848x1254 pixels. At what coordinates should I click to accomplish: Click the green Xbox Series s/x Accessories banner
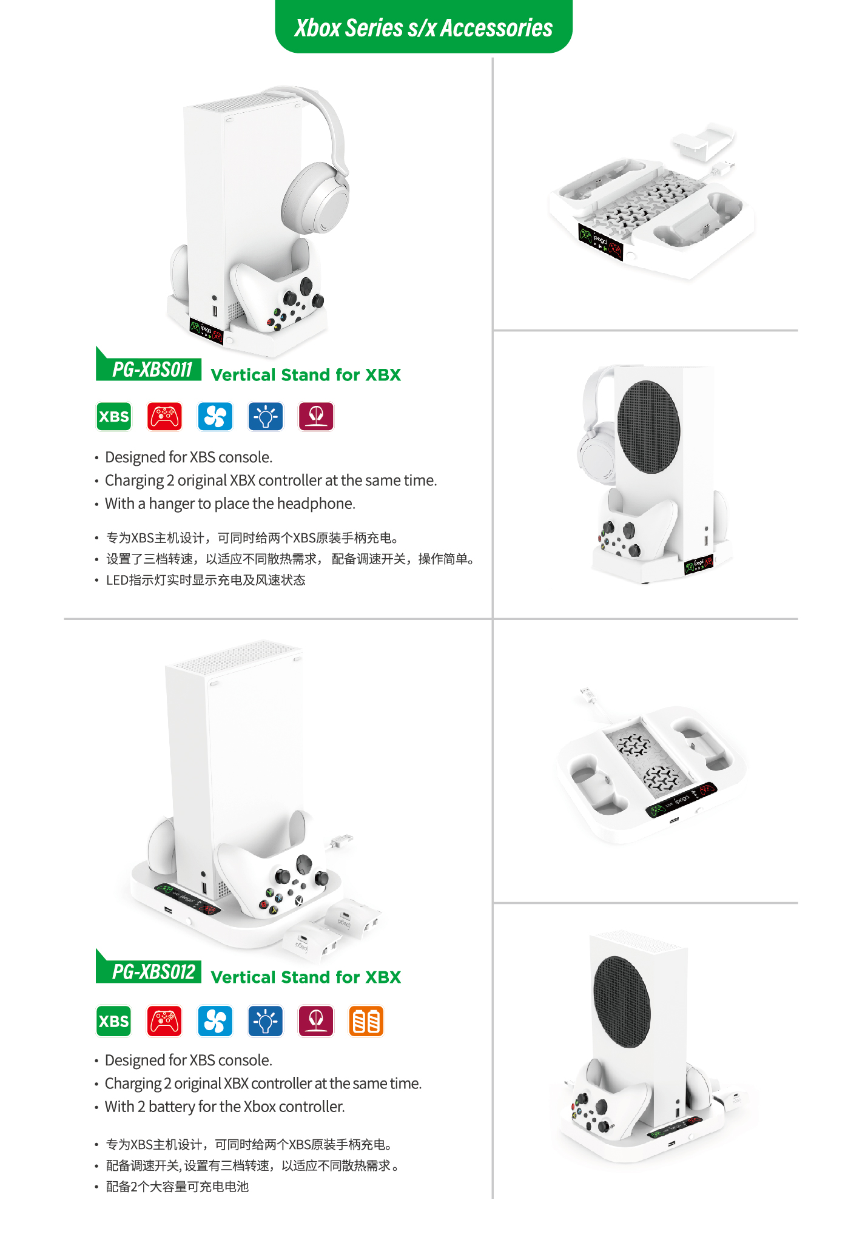423,27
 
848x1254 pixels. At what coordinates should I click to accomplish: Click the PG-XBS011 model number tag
149,366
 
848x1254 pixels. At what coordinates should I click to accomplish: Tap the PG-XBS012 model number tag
149,968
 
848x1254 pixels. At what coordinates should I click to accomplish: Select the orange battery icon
366,1021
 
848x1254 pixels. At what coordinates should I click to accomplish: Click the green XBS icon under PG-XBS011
114,417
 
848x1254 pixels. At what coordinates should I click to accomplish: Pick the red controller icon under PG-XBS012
164,1021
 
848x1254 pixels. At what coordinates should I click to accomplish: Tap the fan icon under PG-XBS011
215,417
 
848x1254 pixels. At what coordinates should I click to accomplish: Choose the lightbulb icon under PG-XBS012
266,1021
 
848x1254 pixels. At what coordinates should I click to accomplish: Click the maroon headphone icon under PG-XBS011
316,417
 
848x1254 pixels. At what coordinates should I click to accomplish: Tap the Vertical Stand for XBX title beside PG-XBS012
306,977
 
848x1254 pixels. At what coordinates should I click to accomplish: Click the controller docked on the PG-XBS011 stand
277,295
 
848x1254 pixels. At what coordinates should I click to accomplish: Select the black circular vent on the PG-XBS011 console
648,427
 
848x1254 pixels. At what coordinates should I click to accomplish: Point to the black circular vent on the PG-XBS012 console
622,1002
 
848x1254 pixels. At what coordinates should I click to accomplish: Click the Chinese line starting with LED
206,580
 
